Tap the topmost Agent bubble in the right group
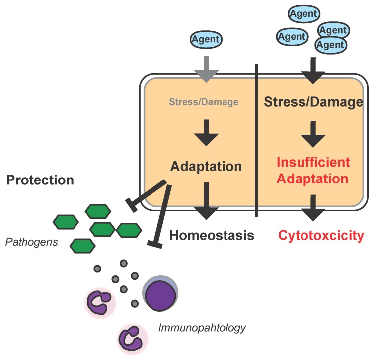tap(304, 13)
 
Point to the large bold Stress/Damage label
tap(313, 102)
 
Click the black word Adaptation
tap(206, 166)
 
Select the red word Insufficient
tap(313, 162)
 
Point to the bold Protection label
tap(40, 180)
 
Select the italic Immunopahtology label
tap(202, 328)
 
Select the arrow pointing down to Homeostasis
tap(207, 200)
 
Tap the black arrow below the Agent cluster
tap(313, 70)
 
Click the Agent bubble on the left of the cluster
tap(292, 36)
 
